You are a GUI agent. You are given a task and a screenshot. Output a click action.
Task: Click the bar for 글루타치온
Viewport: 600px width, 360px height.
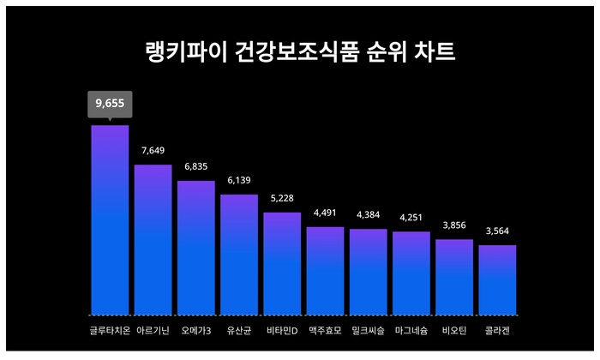[x=110, y=219]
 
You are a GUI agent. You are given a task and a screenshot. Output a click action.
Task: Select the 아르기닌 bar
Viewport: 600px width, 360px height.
[x=153, y=239]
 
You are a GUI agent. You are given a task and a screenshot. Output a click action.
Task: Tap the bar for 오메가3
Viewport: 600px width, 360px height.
[x=196, y=247]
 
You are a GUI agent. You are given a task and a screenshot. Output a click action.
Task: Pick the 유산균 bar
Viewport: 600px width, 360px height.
[x=239, y=254]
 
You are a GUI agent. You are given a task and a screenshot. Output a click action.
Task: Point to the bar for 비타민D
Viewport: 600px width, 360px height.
[x=282, y=263]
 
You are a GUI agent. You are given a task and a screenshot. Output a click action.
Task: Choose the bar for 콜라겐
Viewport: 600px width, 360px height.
[x=497, y=279]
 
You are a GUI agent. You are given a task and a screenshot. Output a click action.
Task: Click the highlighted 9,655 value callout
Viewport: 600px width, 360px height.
[x=110, y=104]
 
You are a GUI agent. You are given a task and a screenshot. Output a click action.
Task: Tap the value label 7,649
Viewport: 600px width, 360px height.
[x=153, y=151]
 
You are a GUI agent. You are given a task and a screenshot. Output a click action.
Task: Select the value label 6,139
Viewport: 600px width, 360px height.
[x=239, y=181]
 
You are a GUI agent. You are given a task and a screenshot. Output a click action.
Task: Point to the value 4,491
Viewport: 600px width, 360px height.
[x=325, y=213]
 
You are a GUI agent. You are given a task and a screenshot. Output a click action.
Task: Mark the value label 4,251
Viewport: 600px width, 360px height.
[x=411, y=218]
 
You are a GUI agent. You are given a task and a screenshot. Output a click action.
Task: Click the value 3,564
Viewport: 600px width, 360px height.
[x=497, y=231]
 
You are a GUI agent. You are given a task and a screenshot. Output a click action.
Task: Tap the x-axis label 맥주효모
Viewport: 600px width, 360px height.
[x=325, y=330]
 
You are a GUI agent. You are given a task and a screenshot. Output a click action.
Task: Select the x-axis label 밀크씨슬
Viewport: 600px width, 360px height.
[x=369, y=330]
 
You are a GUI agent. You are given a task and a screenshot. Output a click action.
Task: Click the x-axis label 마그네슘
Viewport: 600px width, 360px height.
[x=411, y=330]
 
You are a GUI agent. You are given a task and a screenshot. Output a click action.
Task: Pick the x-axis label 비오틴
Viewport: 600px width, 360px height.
[x=454, y=330]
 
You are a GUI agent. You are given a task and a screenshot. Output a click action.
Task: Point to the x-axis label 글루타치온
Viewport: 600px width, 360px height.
[x=110, y=330]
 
